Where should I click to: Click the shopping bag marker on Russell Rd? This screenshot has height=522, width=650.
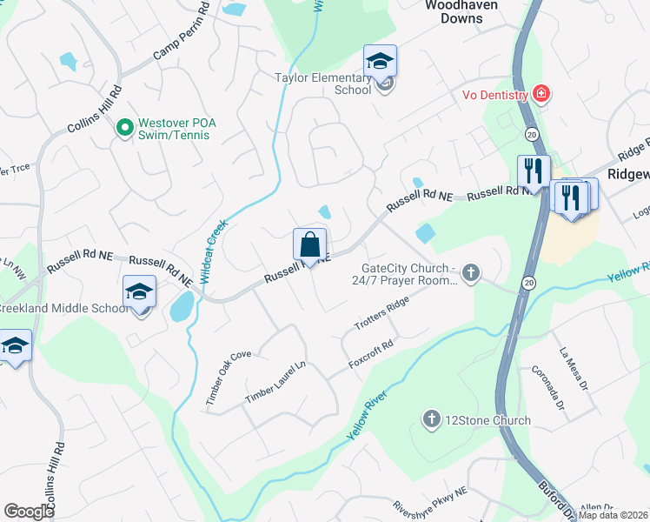coord(309,245)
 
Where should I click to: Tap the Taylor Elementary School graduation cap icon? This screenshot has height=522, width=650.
coord(380,62)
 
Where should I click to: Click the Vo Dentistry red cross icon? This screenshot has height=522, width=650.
coord(542,94)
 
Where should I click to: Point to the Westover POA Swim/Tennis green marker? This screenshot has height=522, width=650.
coord(125,129)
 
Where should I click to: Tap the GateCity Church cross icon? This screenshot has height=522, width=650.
coord(471,274)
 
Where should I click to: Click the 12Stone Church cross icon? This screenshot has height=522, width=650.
coord(430,420)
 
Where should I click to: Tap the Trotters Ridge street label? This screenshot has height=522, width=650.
coord(381,313)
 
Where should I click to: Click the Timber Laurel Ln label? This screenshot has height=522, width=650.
coord(275,382)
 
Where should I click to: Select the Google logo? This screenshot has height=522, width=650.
coord(30,512)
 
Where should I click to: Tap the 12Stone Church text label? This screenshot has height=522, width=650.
coord(487,421)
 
